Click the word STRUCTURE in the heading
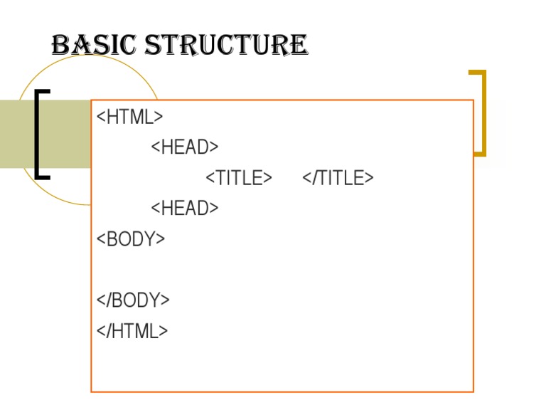(x=227, y=46)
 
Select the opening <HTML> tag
(x=129, y=117)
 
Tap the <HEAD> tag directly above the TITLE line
(x=184, y=147)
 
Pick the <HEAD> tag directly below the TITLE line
(x=184, y=209)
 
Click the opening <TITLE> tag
(x=238, y=178)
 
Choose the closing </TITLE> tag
(x=338, y=178)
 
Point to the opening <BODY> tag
(x=130, y=239)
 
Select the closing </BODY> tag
(x=133, y=300)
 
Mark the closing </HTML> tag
(x=132, y=331)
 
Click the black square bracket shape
(x=37, y=134)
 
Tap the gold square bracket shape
(x=483, y=112)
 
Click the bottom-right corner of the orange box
(x=473, y=391)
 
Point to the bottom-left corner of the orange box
(x=92, y=391)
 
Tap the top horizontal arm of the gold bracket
(x=477, y=72)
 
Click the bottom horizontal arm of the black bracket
(x=43, y=176)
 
